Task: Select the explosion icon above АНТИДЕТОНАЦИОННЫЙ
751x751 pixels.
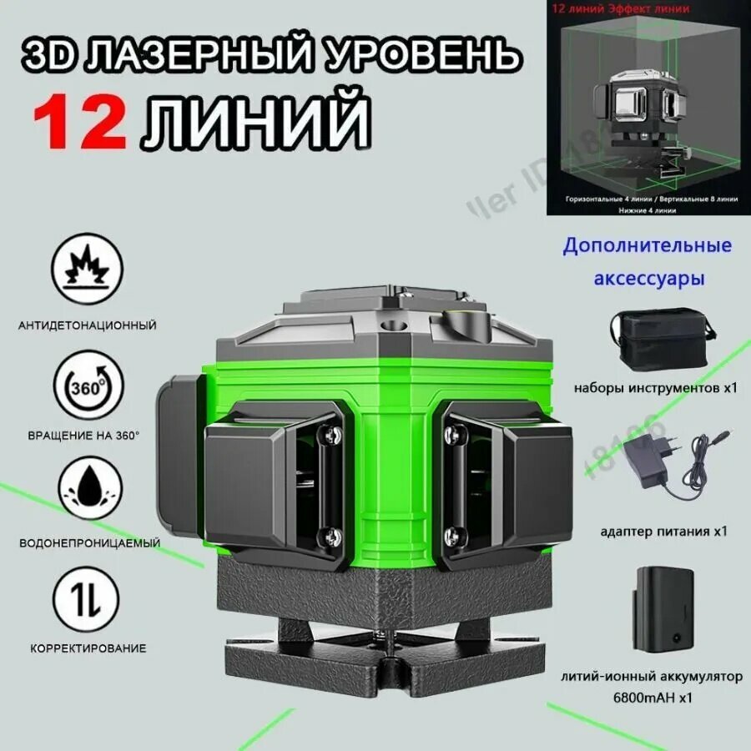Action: point(87,269)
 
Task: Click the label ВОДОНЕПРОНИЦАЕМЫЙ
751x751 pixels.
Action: point(89,543)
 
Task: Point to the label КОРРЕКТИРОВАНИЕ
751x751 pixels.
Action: point(88,648)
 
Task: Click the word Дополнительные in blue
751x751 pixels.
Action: point(648,245)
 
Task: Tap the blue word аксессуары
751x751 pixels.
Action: point(648,277)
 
